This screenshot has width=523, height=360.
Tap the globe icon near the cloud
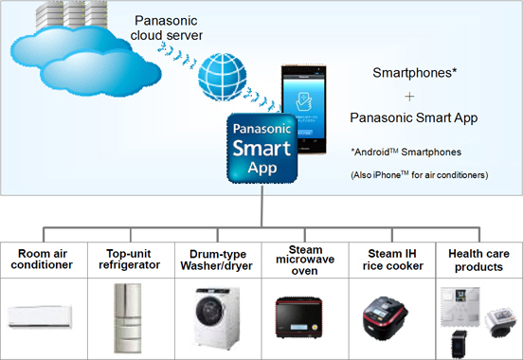click(224, 72)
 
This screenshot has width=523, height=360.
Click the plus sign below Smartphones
click(409, 96)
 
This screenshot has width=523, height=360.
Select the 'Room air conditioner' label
click(45, 259)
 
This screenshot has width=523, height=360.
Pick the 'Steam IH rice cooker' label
click(387, 259)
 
